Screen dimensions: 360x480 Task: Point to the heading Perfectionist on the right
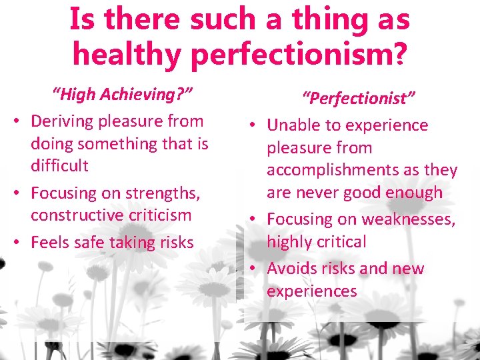[359, 99]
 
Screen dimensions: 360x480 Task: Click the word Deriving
[63, 121]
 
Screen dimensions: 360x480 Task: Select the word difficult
[59, 165]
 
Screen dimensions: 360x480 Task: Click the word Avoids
[292, 269]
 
